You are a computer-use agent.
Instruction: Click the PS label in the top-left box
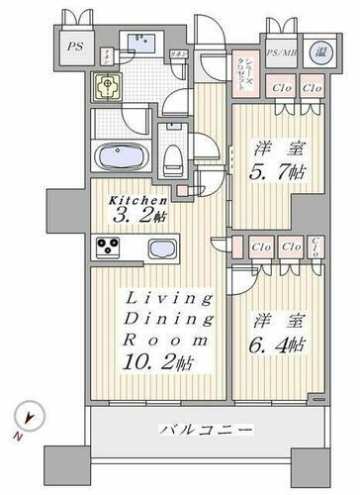click(x=74, y=46)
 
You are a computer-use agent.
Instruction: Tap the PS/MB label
click(x=281, y=52)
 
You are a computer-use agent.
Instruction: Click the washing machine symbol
click(x=107, y=88)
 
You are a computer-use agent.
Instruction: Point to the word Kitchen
click(x=132, y=198)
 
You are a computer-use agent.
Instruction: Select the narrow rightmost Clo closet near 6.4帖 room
click(x=315, y=247)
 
